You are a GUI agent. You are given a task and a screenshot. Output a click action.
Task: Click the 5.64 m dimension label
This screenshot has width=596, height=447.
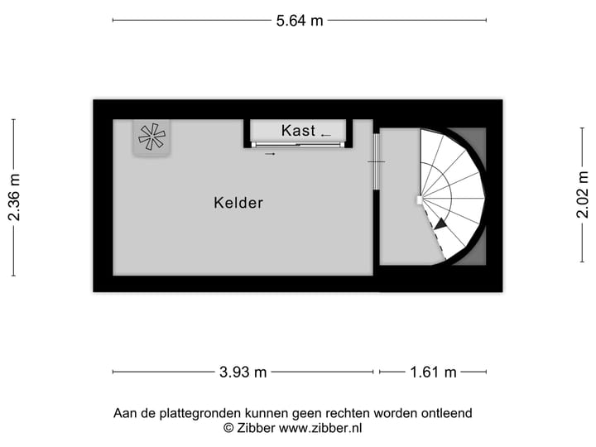coord(300,21)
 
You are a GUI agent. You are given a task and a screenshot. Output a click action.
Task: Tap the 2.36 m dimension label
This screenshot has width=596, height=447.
coord(14,197)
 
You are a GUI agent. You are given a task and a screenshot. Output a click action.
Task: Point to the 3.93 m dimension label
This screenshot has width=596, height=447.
coord(243,372)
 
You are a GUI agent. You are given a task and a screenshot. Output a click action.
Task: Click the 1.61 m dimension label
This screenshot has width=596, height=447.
coord(433,372)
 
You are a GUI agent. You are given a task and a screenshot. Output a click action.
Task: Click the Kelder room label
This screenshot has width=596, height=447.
coord(238,203)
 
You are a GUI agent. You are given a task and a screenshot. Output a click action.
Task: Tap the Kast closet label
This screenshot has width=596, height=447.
coord(298,131)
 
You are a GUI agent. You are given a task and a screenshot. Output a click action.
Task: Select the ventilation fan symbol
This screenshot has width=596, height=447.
coord(151,137)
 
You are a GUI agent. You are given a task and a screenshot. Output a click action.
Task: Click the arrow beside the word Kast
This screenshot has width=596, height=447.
coord(326,134)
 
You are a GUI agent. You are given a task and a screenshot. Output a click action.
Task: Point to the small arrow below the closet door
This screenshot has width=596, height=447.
coord(270,153)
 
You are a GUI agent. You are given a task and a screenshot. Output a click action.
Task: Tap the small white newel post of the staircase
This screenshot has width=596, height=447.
coord(420,199)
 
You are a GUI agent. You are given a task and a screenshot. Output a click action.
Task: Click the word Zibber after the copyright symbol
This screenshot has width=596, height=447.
coord(256,428)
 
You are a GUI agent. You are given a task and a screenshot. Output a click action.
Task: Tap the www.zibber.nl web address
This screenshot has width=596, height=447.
coord(320,428)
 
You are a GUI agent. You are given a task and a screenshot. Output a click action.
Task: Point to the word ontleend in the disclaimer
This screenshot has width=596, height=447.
coord(445,413)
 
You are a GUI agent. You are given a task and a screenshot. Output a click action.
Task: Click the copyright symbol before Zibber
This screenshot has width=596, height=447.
coord(228,428)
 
